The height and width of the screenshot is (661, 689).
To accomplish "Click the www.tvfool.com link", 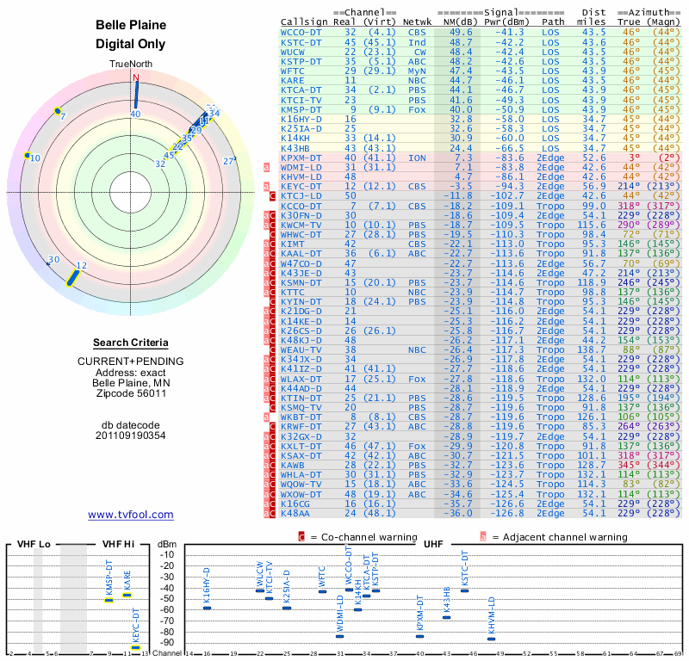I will pos(130,515).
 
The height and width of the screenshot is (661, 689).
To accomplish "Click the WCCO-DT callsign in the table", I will pos(301,32).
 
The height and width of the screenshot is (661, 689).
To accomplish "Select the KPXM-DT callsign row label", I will pos(301,158).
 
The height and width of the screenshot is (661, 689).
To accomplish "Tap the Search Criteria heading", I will pos(131,343).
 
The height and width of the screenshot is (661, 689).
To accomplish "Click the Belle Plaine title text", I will pos(131,25).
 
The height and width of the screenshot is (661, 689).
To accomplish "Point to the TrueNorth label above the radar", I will pos(131,65).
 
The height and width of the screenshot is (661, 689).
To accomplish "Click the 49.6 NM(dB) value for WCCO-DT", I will pos(460,32).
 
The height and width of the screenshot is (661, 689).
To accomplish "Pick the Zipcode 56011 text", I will pos(131,393).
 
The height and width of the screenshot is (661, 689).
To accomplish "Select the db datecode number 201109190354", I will pos(131,435).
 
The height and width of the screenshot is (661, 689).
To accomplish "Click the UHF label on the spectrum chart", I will pos(432,544).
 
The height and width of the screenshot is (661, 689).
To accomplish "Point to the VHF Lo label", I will pos(34,544).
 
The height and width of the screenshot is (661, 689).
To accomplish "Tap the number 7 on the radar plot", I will pos(63,116).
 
